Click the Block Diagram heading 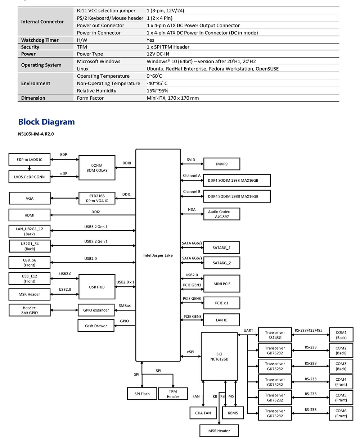46,122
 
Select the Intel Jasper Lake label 158,255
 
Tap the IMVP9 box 221,164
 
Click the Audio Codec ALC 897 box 221,214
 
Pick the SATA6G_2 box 221,263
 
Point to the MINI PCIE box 221,284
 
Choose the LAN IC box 221,320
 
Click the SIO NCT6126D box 219,357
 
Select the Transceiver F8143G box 275,335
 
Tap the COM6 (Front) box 341,413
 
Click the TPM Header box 173,394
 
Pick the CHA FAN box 203,413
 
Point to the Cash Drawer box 96,326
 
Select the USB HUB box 97,287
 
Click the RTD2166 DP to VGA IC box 97,199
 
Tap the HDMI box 30,215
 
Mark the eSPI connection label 191,351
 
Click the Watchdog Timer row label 40,40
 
